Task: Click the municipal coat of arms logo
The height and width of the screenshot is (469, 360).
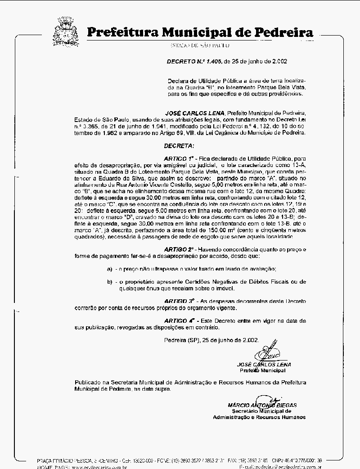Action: [x=66, y=31]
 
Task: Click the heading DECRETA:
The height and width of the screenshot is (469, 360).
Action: [x=179, y=146]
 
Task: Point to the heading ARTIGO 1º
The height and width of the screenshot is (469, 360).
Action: [x=178, y=159]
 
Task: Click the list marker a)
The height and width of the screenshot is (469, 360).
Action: [x=109, y=269]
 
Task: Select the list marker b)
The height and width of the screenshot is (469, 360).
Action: [x=109, y=282]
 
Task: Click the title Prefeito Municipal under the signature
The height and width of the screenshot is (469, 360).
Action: [x=262, y=370]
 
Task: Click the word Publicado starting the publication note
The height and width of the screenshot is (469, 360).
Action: [x=88, y=382]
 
